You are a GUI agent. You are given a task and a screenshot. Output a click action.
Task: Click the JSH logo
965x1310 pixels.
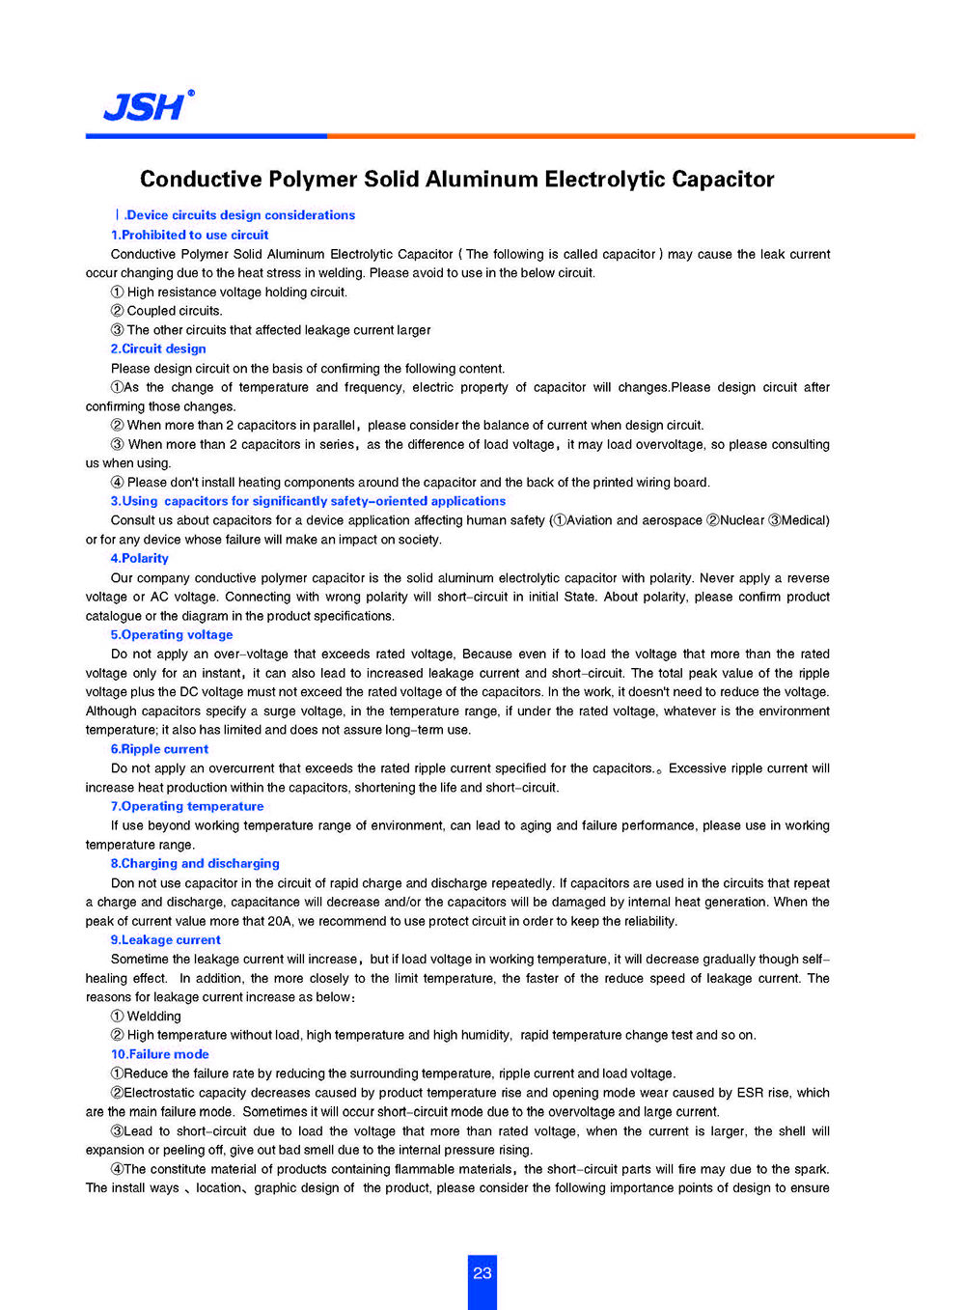click(x=148, y=105)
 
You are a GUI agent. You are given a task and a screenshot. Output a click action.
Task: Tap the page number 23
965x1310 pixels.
click(x=482, y=1273)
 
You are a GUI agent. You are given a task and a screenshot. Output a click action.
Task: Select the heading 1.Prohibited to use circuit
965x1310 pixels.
click(x=189, y=235)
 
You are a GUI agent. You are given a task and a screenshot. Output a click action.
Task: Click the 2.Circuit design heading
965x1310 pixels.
click(x=158, y=348)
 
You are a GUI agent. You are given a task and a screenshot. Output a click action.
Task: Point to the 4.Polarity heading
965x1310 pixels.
click(x=139, y=558)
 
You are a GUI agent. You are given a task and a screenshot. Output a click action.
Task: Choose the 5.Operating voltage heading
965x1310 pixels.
click(x=172, y=634)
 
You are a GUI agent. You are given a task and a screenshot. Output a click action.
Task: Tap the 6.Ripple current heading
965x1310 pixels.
click(x=159, y=749)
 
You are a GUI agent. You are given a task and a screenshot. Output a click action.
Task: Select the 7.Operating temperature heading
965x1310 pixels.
click(x=187, y=806)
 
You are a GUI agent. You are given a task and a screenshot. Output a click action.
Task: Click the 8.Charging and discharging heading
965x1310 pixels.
click(x=195, y=863)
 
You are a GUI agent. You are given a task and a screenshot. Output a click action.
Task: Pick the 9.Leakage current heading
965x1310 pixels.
click(x=165, y=939)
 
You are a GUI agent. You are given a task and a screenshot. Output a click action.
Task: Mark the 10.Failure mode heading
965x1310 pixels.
click(x=159, y=1054)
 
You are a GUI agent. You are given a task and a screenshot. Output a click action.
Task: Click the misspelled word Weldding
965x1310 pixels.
click(x=153, y=1016)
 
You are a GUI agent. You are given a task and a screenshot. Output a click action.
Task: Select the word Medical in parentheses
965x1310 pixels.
click(x=803, y=520)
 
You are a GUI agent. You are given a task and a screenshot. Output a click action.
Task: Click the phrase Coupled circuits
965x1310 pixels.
click(x=174, y=311)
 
